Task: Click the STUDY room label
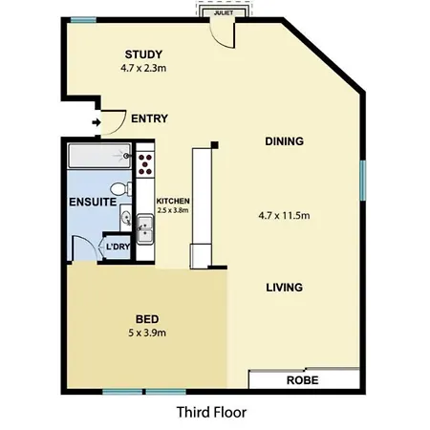tap(143, 54)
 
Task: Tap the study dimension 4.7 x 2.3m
tap(143, 68)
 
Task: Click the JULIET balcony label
tap(224, 13)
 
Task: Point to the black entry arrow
tap(97, 122)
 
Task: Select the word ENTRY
tap(149, 118)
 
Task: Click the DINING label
tap(284, 141)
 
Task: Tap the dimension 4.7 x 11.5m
tap(284, 216)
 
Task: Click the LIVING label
tap(284, 288)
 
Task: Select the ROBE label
tap(302, 380)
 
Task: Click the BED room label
tap(147, 319)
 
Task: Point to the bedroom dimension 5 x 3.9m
tap(147, 333)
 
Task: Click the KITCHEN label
tap(173, 201)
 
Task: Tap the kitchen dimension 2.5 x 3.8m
tap(173, 210)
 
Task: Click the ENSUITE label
tap(93, 202)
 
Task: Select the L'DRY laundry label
tap(118, 247)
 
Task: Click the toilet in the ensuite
tap(120, 189)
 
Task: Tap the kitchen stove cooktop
tap(145, 164)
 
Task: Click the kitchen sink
tap(145, 229)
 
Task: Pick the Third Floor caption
tap(211, 412)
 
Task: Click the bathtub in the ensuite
tap(99, 156)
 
